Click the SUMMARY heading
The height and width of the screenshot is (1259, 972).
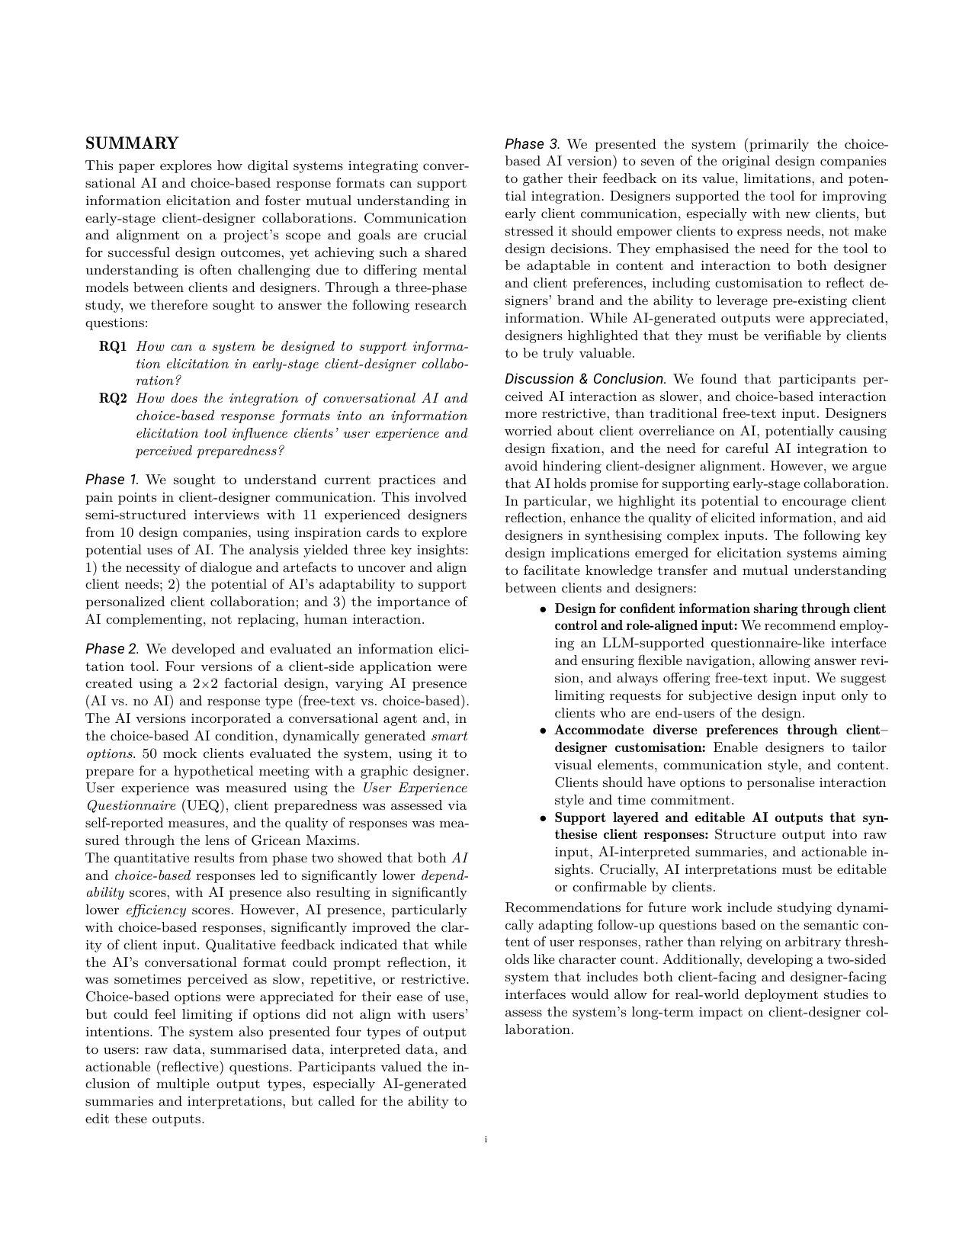(132, 143)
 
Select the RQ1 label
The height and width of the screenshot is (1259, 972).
(113, 347)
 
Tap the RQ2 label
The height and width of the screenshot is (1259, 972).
(113, 399)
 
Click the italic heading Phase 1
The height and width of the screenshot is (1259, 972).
(112, 480)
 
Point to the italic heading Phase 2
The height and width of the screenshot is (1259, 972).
(112, 649)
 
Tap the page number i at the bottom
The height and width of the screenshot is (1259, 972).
(486, 1140)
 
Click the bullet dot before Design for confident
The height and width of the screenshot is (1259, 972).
(542, 609)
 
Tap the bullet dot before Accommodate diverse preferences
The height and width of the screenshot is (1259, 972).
(542, 731)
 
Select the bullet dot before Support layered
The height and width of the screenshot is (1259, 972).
(542, 818)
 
